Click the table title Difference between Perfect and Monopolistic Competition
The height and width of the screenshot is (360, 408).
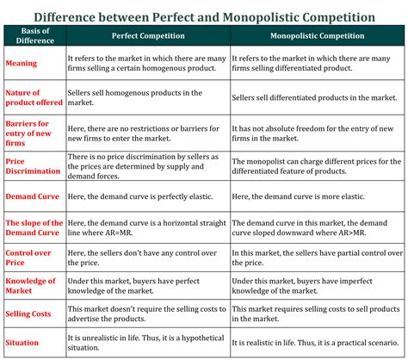coord(204,16)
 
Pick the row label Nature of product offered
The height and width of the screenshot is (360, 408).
coord(31,97)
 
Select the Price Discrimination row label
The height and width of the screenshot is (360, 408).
coord(33,166)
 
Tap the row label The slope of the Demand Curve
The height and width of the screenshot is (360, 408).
coord(33,227)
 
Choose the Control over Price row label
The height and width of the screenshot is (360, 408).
coord(27,256)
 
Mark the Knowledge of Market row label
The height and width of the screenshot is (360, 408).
coord(30,286)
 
